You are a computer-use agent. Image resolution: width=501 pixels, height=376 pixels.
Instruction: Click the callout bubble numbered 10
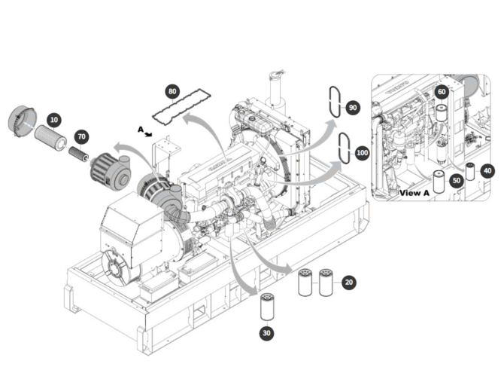click(53, 119)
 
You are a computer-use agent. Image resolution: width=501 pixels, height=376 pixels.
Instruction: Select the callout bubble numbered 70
click(81, 136)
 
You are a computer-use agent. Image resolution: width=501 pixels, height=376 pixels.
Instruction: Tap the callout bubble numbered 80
click(173, 92)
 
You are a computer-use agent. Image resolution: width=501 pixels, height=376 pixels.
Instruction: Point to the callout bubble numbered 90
click(353, 108)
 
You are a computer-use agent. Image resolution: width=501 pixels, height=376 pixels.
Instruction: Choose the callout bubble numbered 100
click(362, 152)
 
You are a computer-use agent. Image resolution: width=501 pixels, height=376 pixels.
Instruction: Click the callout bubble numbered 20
click(348, 282)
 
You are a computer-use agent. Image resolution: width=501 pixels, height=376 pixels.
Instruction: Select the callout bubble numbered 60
click(442, 91)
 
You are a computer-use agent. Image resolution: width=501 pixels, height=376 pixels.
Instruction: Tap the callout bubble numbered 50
click(456, 180)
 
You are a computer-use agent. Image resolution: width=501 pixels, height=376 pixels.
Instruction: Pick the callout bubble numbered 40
click(487, 170)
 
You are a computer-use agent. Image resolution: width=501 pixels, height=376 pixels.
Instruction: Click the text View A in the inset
click(414, 193)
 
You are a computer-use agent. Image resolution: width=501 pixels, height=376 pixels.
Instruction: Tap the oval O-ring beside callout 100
click(344, 147)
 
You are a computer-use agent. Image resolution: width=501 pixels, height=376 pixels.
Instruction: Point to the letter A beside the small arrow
click(140, 129)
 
